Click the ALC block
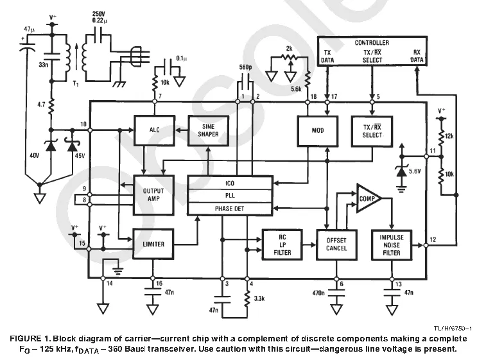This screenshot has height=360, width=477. click(155, 130)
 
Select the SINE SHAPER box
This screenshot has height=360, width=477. click(209, 130)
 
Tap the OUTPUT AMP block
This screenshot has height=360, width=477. click(153, 195)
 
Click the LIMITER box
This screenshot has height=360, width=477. click(153, 244)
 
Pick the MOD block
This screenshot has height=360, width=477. click(318, 131)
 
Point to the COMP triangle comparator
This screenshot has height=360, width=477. click(369, 198)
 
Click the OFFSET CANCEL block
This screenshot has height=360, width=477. click(336, 244)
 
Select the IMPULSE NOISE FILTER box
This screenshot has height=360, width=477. click(392, 244)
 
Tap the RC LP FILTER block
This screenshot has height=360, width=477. click(282, 244)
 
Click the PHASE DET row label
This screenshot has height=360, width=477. click(229, 209)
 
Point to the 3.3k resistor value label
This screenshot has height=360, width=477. click(259, 298)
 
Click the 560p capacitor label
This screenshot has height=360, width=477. click(245, 67)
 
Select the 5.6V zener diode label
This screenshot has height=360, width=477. click(415, 171)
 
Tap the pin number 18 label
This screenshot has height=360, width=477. click(313, 96)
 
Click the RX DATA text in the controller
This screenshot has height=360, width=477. click(417, 56)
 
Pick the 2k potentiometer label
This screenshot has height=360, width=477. click(289, 49)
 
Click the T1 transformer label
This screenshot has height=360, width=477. click(76, 83)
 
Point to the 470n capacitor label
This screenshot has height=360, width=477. click(318, 293)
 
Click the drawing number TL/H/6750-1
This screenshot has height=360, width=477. click(453, 329)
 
